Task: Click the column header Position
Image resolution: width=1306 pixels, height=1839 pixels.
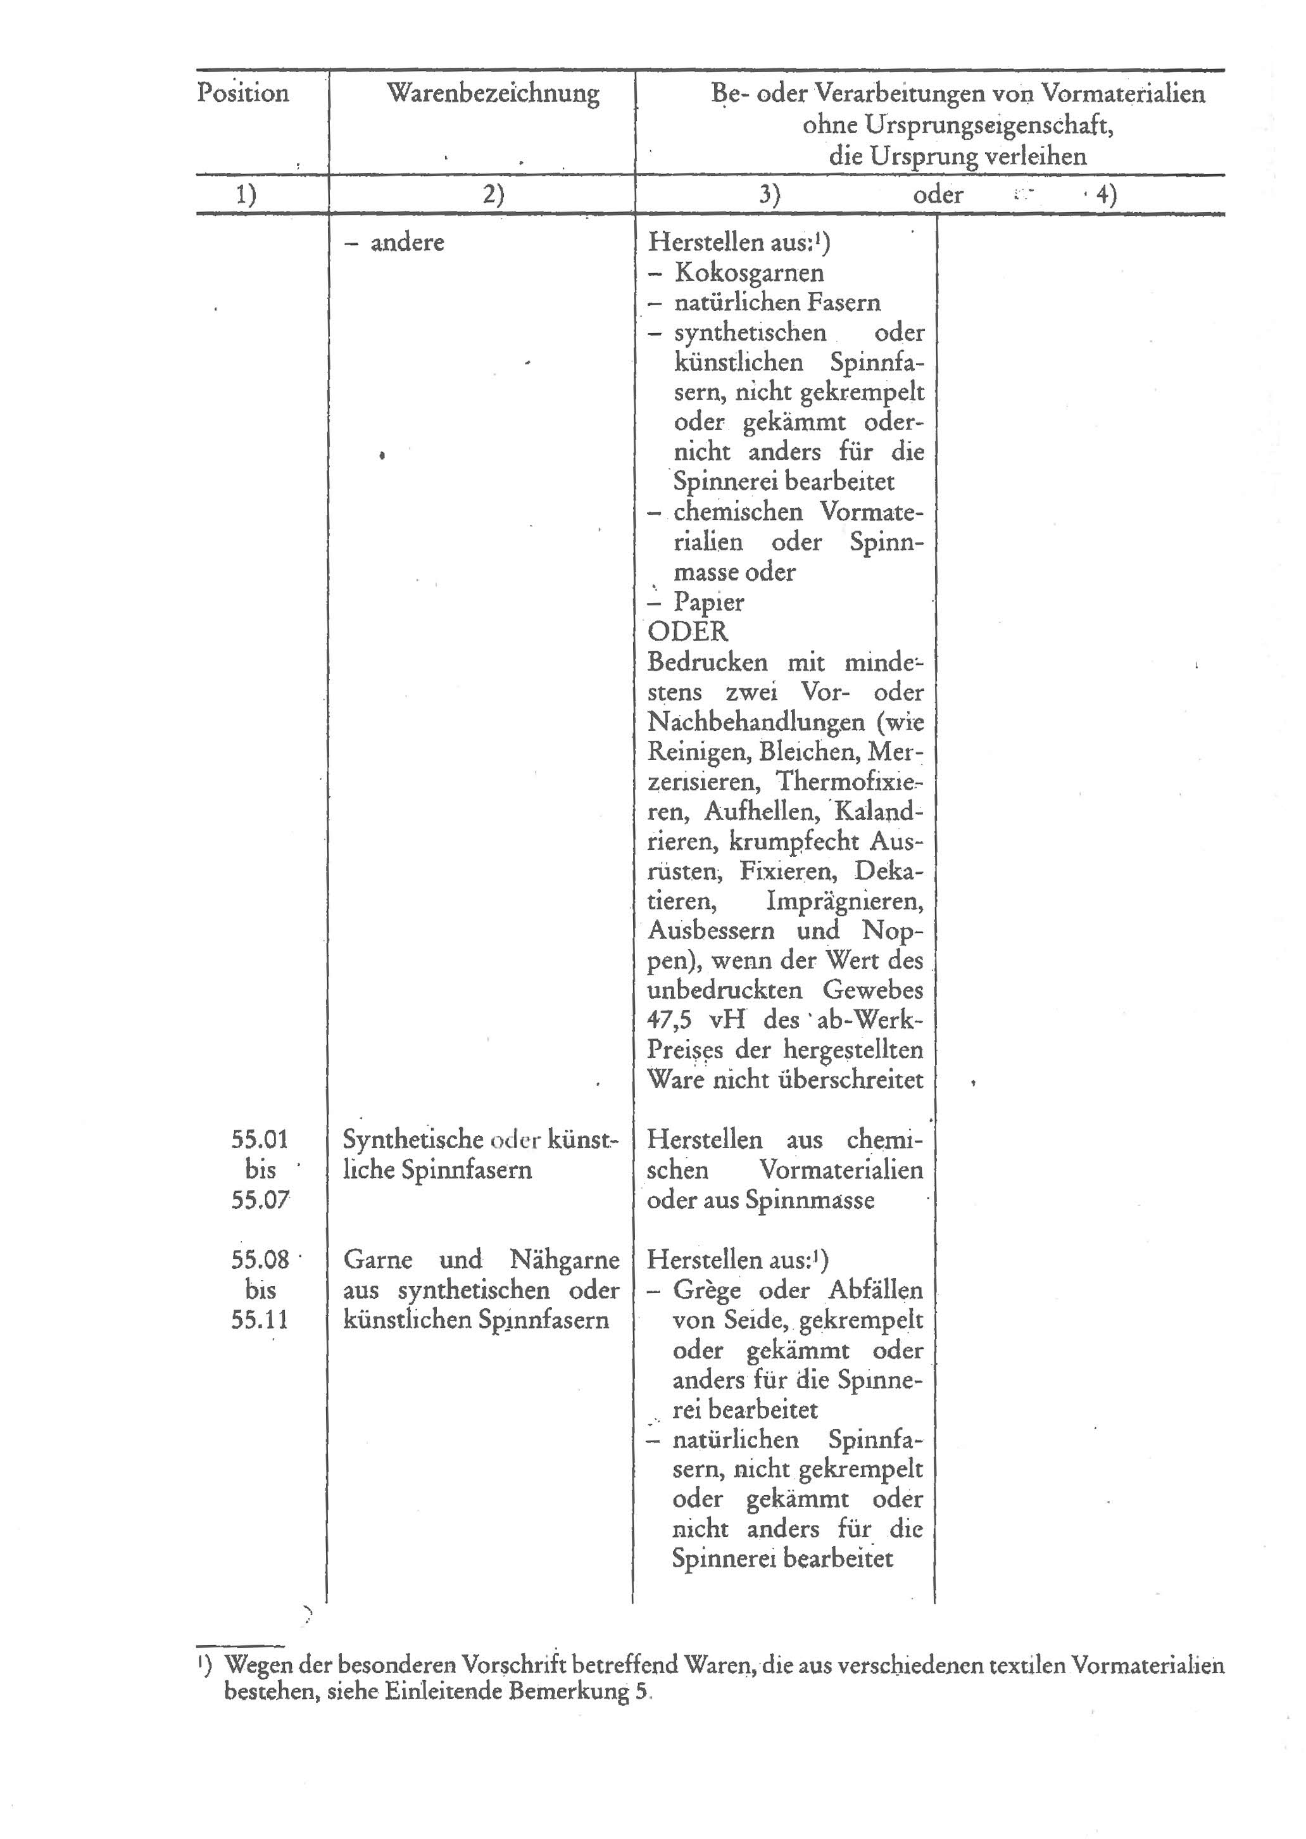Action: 243,93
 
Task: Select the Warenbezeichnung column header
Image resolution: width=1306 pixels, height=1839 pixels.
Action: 493,93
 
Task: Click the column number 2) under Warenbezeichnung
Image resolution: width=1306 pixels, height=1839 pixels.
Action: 493,196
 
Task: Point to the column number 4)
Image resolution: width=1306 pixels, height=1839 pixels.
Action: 1107,196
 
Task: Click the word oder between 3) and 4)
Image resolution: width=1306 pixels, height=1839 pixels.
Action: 938,196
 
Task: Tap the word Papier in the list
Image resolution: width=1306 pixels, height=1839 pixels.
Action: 708,602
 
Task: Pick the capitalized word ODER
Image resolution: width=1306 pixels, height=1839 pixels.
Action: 688,631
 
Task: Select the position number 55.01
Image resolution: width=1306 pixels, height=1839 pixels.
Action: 259,1139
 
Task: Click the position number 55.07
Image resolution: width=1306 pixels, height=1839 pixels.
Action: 259,1200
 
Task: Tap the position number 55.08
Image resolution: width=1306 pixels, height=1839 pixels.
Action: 259,1260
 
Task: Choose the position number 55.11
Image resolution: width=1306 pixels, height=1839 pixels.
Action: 259,1320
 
